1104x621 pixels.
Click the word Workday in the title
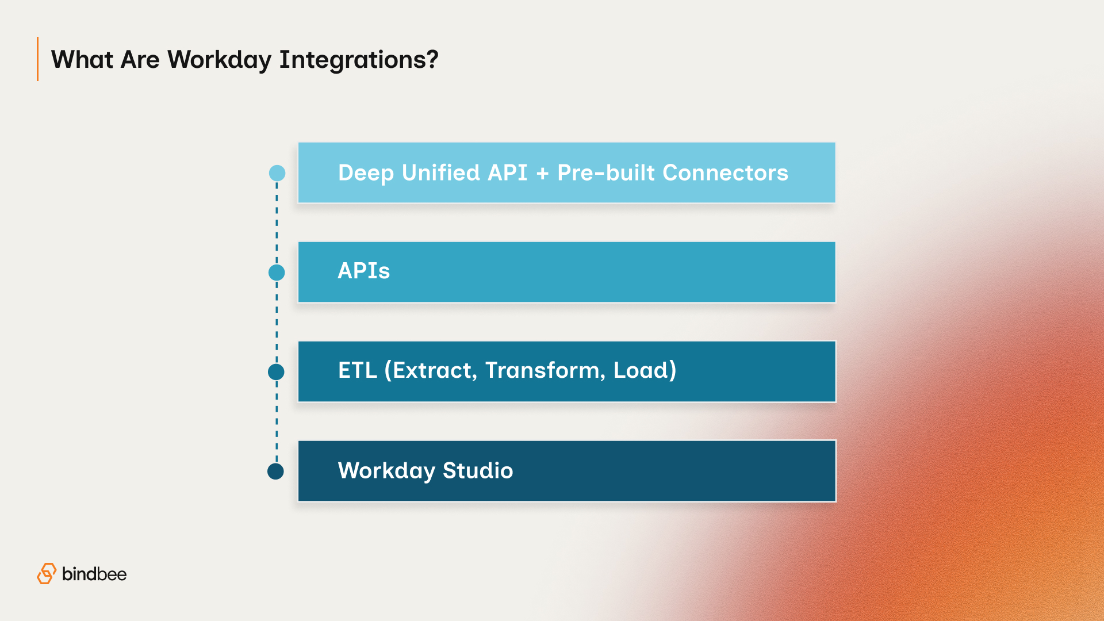click(219, 60)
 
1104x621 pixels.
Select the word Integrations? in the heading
click(359, 60)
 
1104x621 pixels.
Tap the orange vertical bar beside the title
click(38, 59)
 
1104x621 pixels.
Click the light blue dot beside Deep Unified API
click(277, 173)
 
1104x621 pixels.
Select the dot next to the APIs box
click(277, 273)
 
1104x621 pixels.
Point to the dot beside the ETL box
click(276, 372)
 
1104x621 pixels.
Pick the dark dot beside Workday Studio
click(276, 471)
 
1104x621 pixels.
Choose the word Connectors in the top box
click(725, 173)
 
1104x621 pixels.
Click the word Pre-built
click(606, 173)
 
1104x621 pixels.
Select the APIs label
click(363, 271)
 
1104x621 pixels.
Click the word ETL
click(357, 370)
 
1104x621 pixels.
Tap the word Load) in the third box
click(645, 370)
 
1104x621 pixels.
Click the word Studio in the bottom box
click(477, 470)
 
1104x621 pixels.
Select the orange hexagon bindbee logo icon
click(47, 573)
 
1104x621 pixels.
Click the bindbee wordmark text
click(94, 574)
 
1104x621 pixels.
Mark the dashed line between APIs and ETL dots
click(277, 322)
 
